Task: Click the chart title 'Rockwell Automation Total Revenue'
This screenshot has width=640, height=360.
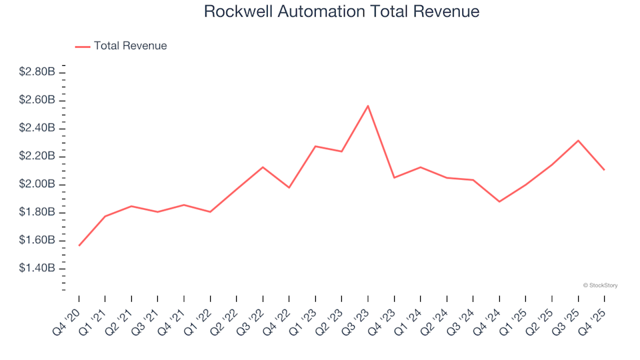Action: click(341, 12)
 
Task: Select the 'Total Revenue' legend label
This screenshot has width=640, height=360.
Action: click(130, 46)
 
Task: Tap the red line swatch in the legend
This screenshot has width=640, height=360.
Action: click(83, 46)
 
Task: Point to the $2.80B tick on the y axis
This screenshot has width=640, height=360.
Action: click(37, 72)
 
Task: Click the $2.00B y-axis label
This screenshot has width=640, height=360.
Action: click(37, 184)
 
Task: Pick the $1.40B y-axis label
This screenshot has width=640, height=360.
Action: click(37, 268)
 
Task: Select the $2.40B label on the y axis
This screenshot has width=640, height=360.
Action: click(37, 128)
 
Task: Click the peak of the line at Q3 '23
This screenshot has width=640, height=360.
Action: click(368, 106)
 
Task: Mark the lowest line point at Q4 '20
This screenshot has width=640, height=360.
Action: click(79, 245)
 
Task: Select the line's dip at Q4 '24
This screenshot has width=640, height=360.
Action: click(499, 201)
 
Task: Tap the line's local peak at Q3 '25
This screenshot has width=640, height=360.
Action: click(578, 141)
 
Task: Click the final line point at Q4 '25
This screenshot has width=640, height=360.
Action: click(604, 169)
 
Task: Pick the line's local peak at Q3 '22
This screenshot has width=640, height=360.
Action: click(263, 167)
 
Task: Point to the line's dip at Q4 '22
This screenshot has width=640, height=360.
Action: click(289, 187)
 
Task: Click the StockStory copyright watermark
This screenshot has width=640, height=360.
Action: click(600, 285)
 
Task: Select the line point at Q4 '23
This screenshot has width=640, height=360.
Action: click(394, 177)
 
